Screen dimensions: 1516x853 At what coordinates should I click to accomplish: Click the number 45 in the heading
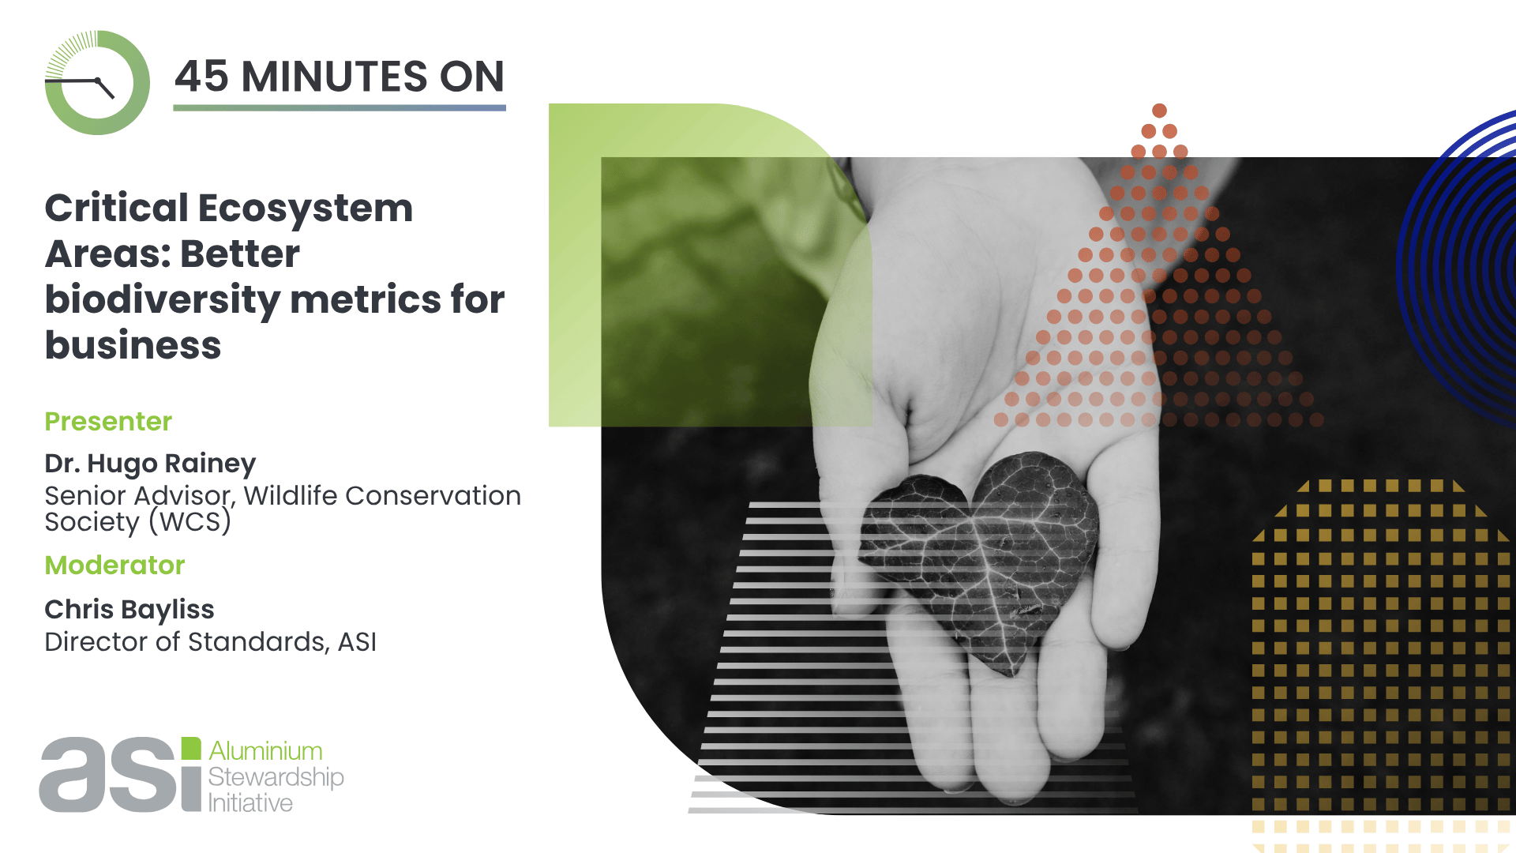pos(202,77)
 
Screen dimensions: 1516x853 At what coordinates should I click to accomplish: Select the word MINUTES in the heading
pos(334,77)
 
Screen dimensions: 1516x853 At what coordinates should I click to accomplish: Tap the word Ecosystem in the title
pos(305,209)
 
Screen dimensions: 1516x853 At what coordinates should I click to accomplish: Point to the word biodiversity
pos(162,301)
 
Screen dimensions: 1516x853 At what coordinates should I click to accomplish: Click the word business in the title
pos(133,346)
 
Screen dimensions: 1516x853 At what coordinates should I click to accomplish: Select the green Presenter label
pos(108,422)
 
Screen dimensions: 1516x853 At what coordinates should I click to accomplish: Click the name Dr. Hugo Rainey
pos(150,464)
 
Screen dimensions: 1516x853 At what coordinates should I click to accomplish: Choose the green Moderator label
pos(114,566)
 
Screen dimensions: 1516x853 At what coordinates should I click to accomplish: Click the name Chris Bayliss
pos(129,610)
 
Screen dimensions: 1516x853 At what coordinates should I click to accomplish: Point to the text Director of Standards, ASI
pos(210,642)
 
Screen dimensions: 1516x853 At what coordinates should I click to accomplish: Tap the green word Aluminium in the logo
pos(265,750)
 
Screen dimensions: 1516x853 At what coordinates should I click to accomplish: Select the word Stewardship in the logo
pos(276,777)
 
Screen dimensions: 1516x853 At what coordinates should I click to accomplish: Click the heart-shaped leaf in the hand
pos(979,553)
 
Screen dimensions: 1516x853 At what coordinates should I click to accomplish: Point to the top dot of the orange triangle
pos(1159,111)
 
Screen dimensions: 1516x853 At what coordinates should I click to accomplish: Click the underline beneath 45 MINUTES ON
pos(340,107)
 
